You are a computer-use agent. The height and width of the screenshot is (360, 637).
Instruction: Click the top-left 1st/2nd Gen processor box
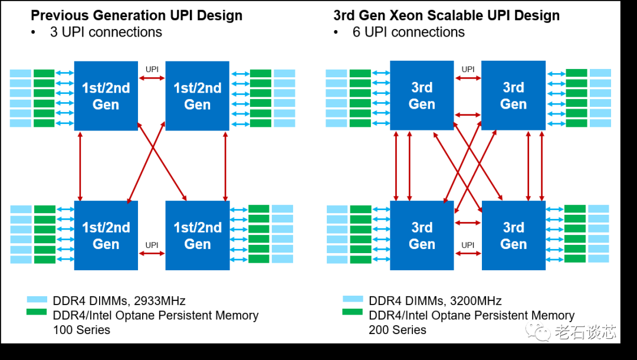[x=106, y=96]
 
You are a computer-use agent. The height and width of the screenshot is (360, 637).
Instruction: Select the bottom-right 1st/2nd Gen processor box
[x=198, y=235]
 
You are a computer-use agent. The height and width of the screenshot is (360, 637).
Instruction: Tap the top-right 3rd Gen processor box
[x=513, y=96]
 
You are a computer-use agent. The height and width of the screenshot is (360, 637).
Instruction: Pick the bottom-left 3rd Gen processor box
[x=422, y=235]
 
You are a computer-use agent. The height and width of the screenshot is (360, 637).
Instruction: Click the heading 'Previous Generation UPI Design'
[x=136, y=15]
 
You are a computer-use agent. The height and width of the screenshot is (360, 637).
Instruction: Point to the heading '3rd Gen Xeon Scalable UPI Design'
[x=446, y=15]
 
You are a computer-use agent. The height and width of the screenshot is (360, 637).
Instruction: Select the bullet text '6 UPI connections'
[x=409, y=32]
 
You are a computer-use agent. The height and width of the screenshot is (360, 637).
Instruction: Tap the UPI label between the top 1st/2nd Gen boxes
[x=152, y=70]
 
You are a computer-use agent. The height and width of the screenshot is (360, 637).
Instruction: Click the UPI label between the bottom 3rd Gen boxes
[x=468, y=245]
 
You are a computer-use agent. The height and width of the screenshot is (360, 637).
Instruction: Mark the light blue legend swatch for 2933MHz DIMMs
[x=37, y=299]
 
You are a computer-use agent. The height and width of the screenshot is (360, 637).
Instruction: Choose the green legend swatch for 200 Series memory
[x=353, y=312]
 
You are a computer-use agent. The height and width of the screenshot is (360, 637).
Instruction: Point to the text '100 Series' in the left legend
[x=81, y=330]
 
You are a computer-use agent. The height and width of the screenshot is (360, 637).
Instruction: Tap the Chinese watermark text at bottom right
[x=585, y=332]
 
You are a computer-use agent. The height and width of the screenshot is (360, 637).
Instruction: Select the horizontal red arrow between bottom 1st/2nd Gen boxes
[x=152, y=254]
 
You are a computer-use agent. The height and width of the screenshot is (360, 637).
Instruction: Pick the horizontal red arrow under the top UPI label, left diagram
[x=152, y=78]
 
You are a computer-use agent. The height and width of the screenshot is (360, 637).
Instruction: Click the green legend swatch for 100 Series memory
[x=37, y=312]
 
